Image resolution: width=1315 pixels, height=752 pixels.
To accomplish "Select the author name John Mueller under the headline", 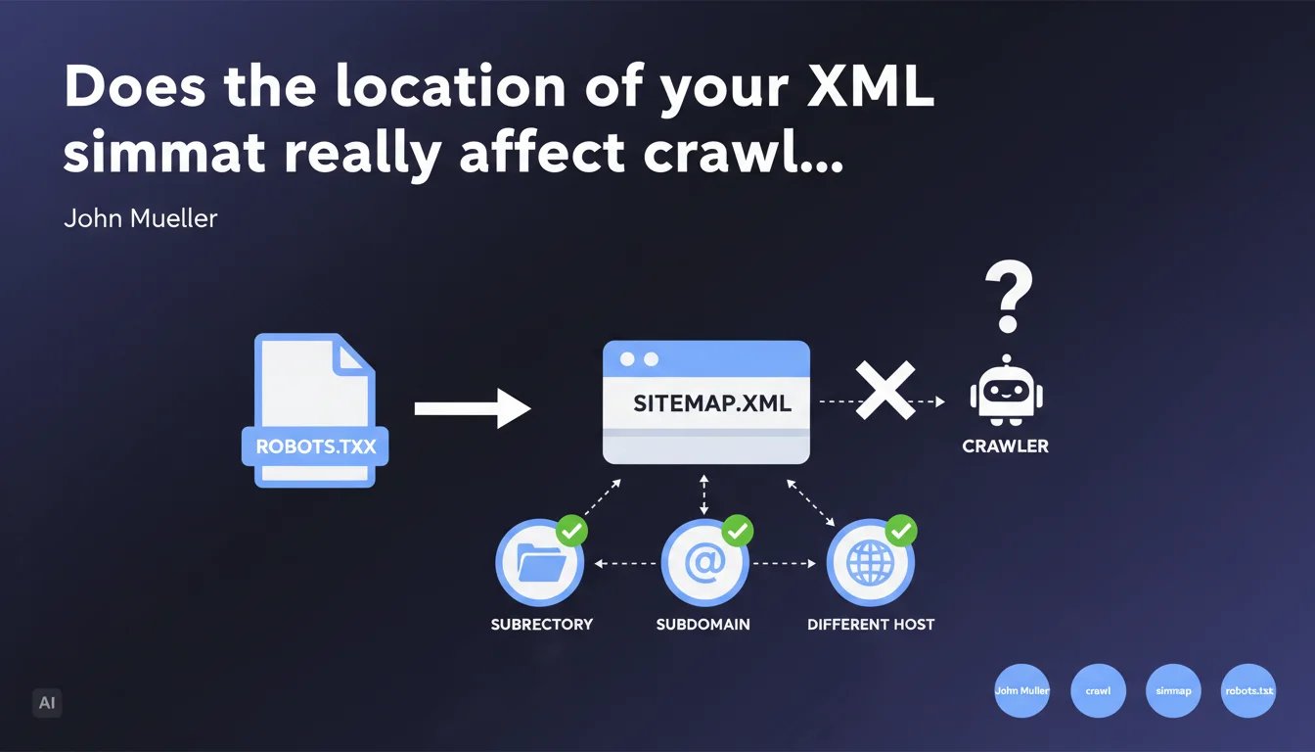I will [140, 217].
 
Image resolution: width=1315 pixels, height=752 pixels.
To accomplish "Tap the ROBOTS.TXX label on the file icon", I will [315, 447].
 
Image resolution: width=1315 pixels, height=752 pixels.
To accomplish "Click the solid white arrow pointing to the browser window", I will [472, 407].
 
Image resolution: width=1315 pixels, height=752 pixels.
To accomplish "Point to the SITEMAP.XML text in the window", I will [712, 402].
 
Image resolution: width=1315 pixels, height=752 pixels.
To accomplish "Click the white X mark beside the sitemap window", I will [884, 391].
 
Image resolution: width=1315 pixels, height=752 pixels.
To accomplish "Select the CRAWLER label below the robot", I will [1005, 446].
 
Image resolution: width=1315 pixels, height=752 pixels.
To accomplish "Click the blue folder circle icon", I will [539, 564].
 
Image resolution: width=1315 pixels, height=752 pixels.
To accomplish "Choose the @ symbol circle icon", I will [704, 564].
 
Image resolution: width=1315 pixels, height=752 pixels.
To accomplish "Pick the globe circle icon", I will [870, 564].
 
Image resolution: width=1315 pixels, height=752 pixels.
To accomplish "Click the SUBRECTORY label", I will [541, 624].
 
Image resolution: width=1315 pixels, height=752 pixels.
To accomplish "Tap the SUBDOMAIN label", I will [703, 624].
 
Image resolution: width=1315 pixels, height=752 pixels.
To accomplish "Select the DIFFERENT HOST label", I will [871, 624].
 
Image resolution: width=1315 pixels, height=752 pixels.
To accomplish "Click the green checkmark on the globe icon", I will [900, 532].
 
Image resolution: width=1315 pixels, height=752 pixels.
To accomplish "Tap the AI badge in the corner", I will [46, 702].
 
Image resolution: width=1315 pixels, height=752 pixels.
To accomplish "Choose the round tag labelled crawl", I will [1098, 690].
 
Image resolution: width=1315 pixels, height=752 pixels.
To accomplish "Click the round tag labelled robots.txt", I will [1249, 690].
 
